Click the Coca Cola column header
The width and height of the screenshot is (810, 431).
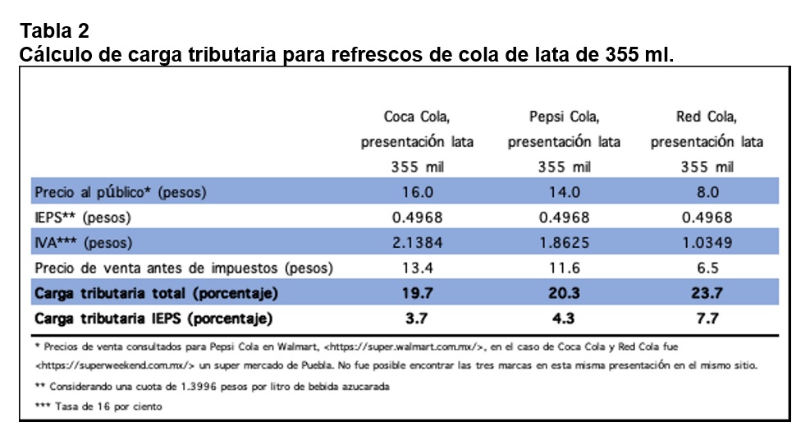click(417, 141)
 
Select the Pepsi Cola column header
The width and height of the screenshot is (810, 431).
click(564, 141)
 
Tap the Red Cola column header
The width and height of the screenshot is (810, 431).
click(707, 141)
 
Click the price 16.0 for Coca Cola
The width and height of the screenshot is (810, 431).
click(417, 192)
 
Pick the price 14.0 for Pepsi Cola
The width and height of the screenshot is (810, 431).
click(564, 192)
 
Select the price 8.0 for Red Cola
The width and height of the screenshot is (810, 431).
click(707, 192)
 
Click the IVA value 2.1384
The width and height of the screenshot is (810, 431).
click(417, 243)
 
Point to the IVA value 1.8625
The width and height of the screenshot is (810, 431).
click(564, 243)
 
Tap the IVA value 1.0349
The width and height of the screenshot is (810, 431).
click(707, 243)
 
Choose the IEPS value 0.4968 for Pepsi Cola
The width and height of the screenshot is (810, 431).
click(564, 218)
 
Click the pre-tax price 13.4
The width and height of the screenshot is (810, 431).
click(417, 268)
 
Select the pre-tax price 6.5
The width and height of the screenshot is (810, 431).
click(707, 268)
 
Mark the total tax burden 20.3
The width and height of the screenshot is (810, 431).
click(564, 293)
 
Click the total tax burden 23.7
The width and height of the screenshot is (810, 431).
click(707, 293)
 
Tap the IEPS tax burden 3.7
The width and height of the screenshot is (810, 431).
click(417, 319)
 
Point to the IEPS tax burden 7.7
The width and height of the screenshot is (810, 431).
click(707, 319)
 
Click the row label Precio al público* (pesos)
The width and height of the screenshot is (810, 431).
click(120, 193)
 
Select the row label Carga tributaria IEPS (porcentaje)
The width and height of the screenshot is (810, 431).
click(153, 319)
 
